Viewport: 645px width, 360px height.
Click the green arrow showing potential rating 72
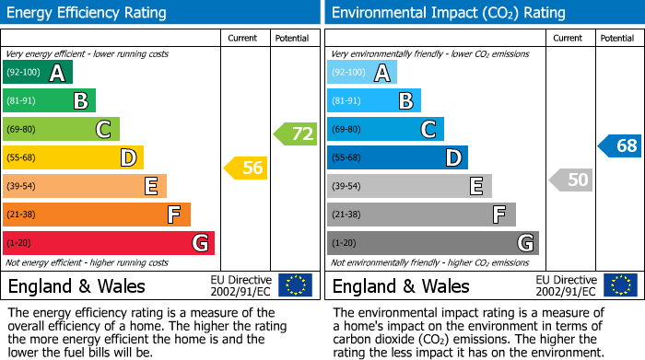296,134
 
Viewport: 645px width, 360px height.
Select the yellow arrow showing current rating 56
247,168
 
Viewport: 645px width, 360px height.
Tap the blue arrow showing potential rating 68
620,145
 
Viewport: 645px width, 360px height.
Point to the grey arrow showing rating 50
571,180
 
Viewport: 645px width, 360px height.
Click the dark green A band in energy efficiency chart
38,73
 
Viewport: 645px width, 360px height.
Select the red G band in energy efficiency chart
109,243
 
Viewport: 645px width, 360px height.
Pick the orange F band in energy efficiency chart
97,215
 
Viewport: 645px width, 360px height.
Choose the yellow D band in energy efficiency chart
74,157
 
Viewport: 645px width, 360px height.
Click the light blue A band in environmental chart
362,73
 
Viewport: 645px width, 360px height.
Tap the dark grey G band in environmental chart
433,243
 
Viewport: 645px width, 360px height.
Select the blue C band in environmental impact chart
385,129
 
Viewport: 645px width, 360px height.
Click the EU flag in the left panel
295,285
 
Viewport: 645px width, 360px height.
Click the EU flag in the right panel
619,285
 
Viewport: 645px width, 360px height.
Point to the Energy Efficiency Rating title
88,13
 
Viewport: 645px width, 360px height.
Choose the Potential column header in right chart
616,38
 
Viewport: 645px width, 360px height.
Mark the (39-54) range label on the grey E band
347,187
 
